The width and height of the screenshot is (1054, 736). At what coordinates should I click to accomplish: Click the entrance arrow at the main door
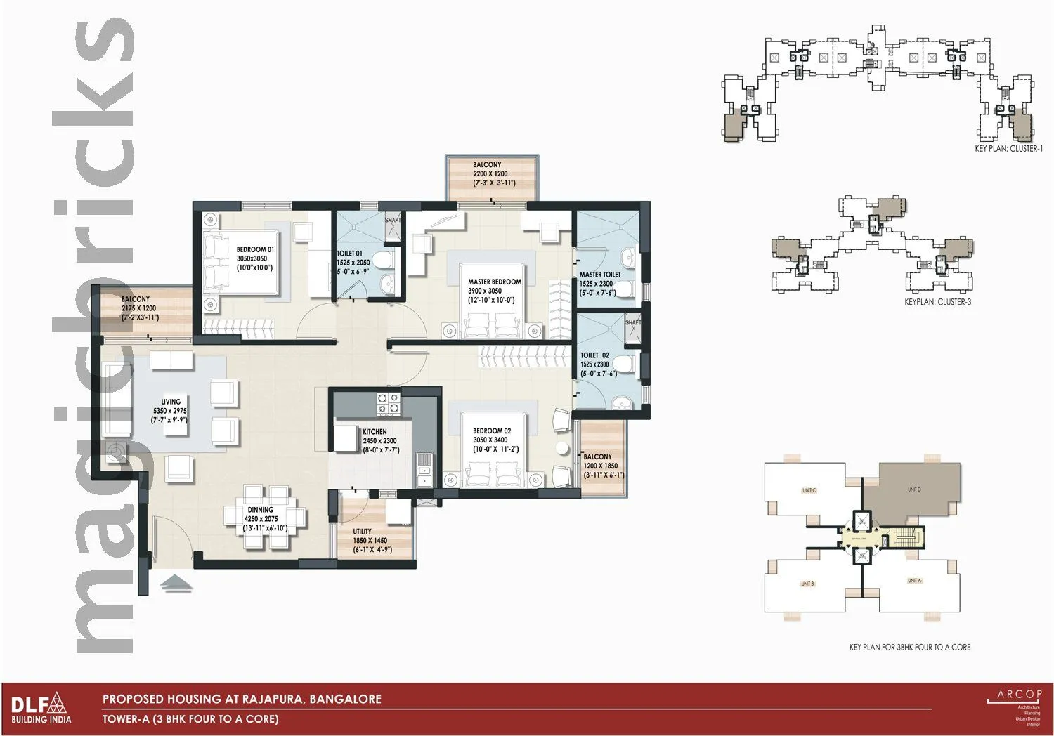click(176, 584)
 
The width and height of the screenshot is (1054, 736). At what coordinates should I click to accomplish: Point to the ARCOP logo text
click(1019, 695)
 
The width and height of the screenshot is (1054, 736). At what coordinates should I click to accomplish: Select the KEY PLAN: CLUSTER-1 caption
click(1008, 149)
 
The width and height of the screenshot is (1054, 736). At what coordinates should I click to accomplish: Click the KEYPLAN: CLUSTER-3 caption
click(937, 302)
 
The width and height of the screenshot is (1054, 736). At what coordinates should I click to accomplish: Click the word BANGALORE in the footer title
click(345, 699)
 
